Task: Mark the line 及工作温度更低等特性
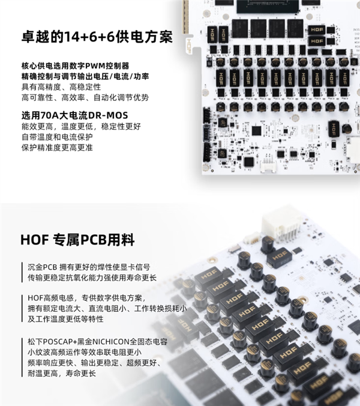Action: [x=66, y=319]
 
